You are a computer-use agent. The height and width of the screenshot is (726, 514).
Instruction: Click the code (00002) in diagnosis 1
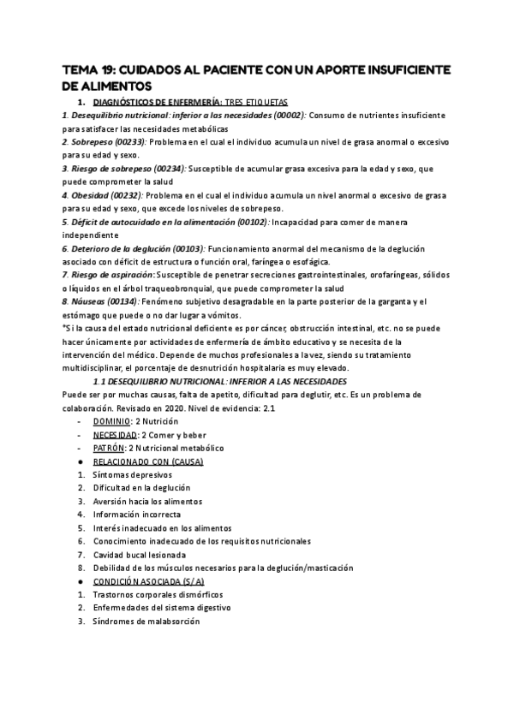click(x=287, y=115)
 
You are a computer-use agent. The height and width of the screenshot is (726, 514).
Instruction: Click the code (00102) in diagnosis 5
click(x=248, y=222)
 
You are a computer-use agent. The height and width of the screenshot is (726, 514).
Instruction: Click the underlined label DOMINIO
click(x=111, y=421)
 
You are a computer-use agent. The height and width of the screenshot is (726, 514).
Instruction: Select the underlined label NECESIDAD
click(x=115, y=435)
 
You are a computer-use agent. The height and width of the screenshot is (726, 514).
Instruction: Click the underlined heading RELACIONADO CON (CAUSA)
click(x=147, y=461)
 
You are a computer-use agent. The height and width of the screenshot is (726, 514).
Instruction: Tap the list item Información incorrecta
click(x=137, y=515)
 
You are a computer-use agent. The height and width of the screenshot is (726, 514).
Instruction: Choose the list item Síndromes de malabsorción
click(x=145, y=621)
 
